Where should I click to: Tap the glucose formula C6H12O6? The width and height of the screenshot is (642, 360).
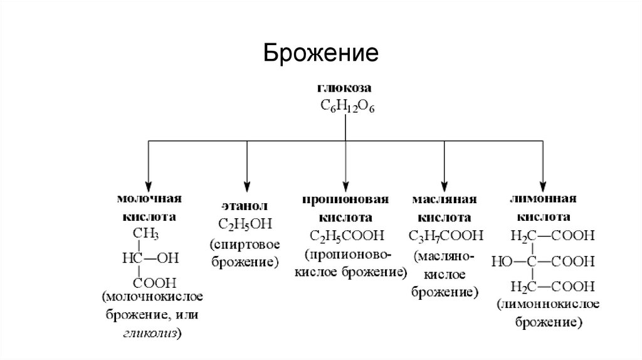[346, 107]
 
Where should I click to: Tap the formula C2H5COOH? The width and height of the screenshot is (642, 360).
[345, 237]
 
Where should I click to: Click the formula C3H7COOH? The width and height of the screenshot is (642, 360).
[445, 237]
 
